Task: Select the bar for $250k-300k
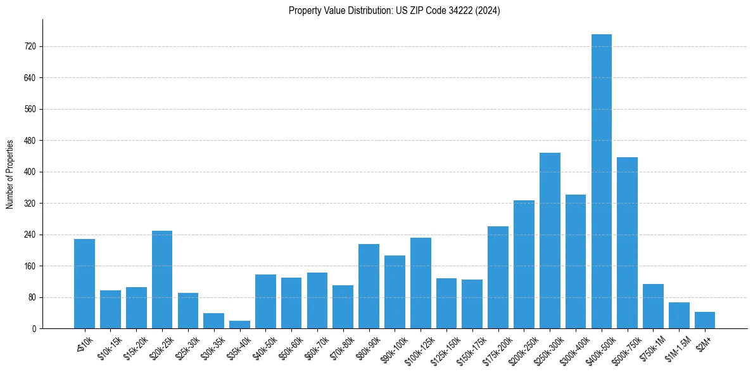[550, 241]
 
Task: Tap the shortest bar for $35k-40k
[239, 325]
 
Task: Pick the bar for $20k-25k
[162, 280]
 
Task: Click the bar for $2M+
[704, 320]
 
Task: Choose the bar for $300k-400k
[575, 261]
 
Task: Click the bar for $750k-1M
[653, 306]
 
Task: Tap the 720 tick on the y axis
[30, 46]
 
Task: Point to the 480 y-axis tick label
[30, 141]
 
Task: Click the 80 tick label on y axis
[32, 297]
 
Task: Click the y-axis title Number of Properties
[9, 174]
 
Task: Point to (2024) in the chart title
[488, 11]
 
